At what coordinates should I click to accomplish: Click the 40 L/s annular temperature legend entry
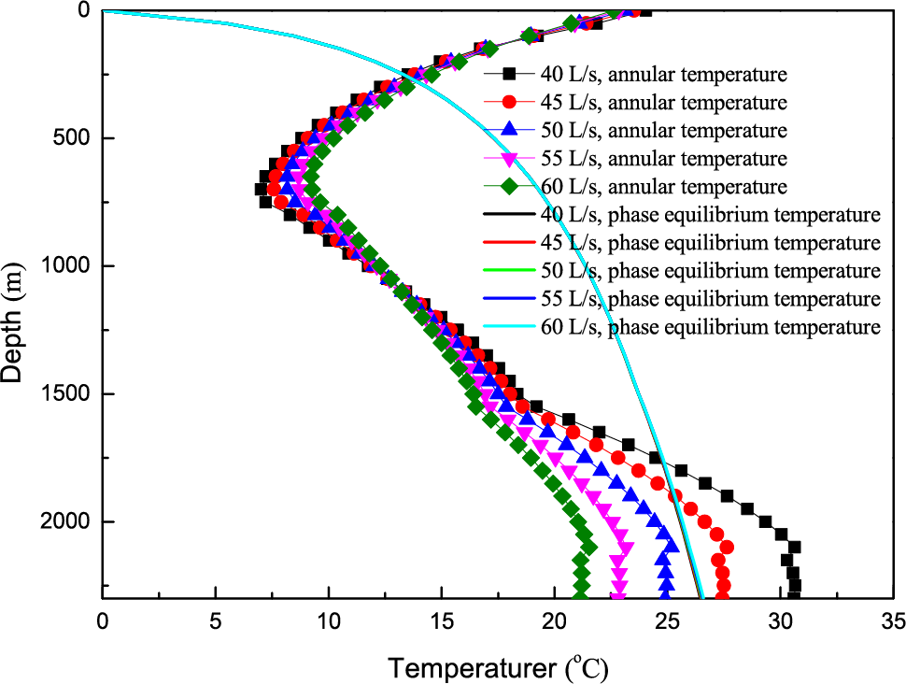click(664, 73)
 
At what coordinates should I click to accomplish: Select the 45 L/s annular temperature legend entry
click(664, 102)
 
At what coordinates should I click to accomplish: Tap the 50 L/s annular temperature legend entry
click(664, 130)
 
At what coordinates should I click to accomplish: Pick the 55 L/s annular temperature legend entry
click(664, 158)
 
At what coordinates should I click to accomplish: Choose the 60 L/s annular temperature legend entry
click(664, 186)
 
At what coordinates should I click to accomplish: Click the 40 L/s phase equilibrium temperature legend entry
click(710, 215)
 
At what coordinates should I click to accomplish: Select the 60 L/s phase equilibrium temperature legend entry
click(710, 327)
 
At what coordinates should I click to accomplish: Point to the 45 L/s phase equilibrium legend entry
click(710, 243)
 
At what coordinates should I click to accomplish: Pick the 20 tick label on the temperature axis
click(554, 620)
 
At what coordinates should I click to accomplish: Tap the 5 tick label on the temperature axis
click(216, 620)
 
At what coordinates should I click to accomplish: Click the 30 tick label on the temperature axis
click(781, 620)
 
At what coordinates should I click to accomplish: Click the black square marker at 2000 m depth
click(766, 521)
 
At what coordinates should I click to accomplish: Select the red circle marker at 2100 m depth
click(726, 547)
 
